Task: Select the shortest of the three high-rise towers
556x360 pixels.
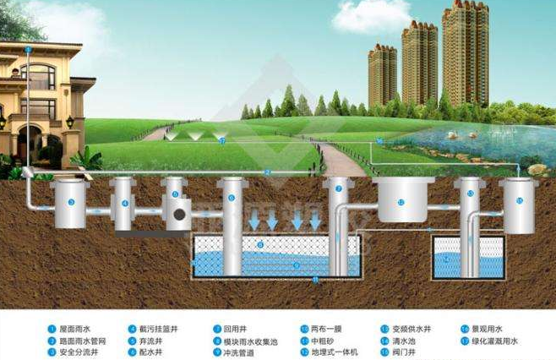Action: pos(382,76)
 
